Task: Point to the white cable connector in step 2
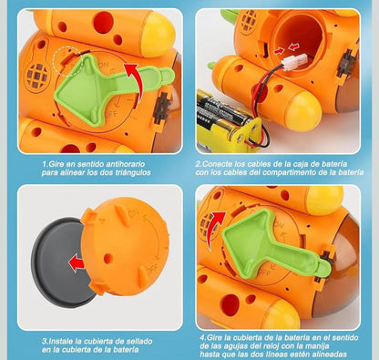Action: (295, 63)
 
